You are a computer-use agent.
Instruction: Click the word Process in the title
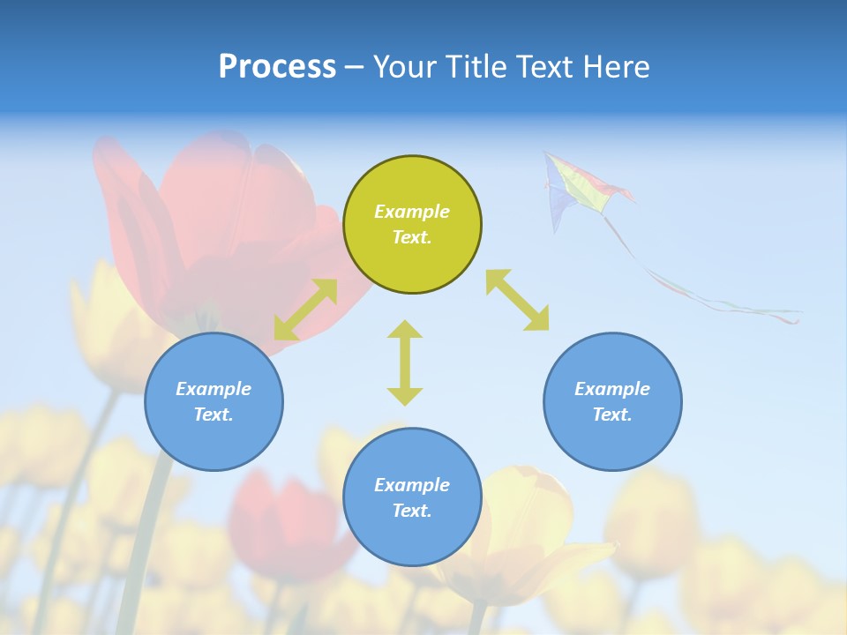[277, 66]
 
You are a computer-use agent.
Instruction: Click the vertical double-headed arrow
[405, 362]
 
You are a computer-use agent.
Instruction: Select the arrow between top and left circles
[305, 310]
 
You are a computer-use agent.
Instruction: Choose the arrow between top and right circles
[517, 300]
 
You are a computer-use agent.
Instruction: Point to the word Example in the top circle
[412, 212]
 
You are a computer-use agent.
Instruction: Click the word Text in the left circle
[214, 415]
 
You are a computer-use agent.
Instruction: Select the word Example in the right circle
[612, 389]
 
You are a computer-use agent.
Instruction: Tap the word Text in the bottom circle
[412, 511]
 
